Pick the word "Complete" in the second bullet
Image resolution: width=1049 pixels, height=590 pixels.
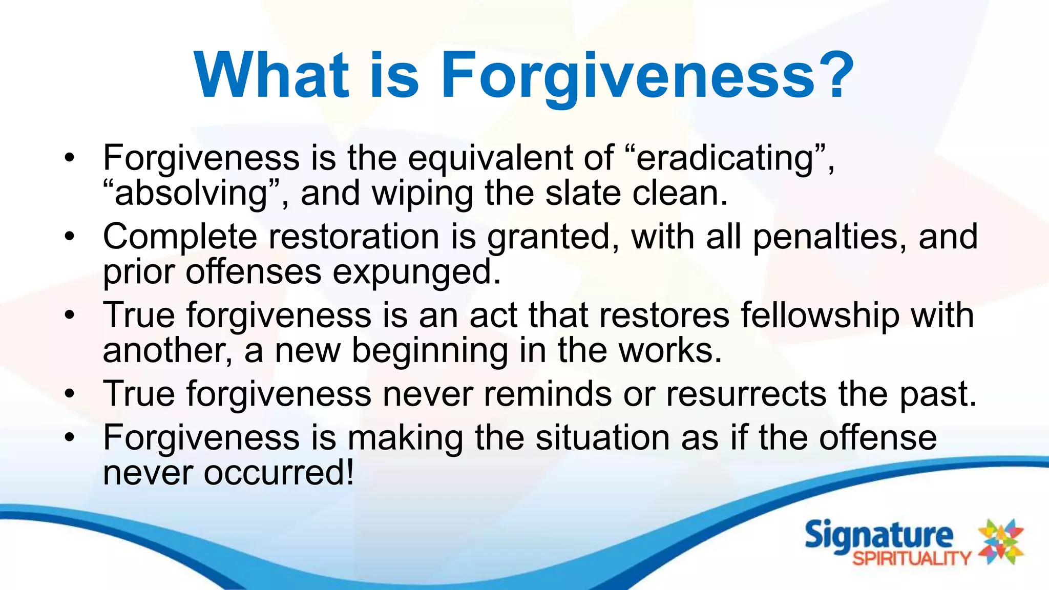(x=180, y=237)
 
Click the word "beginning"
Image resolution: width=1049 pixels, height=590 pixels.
(x=430, y=351)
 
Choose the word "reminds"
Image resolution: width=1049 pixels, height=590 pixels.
(x=548, y=394)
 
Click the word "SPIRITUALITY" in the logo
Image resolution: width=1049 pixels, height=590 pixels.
(x=912, y=558)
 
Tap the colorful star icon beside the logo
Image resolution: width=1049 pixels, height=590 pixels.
(x=1001, y=541)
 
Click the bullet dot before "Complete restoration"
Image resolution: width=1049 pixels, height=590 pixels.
(x=70, y=237)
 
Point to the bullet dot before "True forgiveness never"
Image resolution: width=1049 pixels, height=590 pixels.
(x=70, y=394)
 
